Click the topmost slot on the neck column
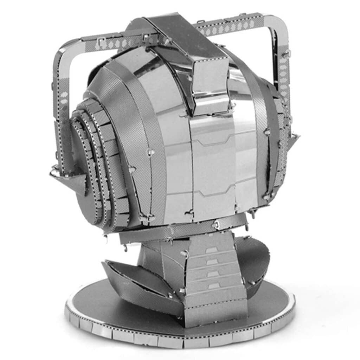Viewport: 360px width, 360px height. point(211,250)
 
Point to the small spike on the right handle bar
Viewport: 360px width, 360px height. point(293,139)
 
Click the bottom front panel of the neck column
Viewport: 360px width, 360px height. point(214,306)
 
